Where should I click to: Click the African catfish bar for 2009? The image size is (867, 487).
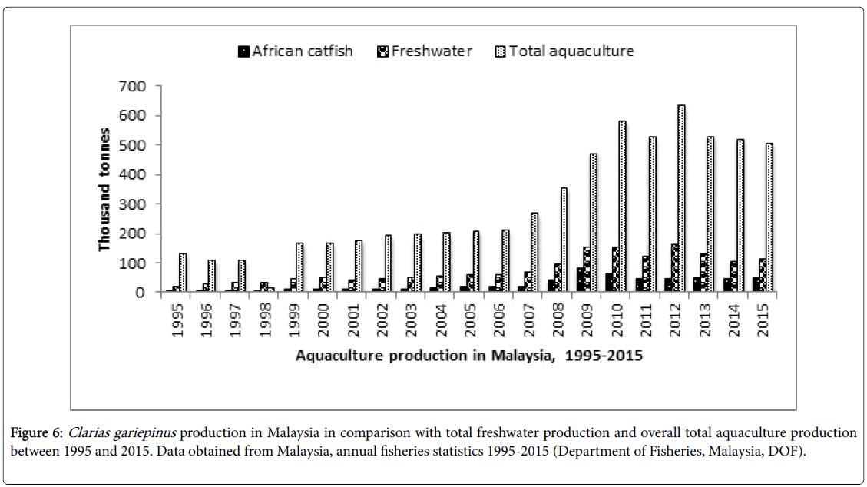[580, 279]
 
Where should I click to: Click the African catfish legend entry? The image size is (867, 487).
[295, 51]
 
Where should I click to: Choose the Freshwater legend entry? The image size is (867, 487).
[425, 51]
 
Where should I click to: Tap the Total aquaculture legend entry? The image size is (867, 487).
[566, 51]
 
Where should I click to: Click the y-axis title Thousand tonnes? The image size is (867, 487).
[104, 190]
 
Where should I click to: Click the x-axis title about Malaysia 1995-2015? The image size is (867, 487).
[469, 356]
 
